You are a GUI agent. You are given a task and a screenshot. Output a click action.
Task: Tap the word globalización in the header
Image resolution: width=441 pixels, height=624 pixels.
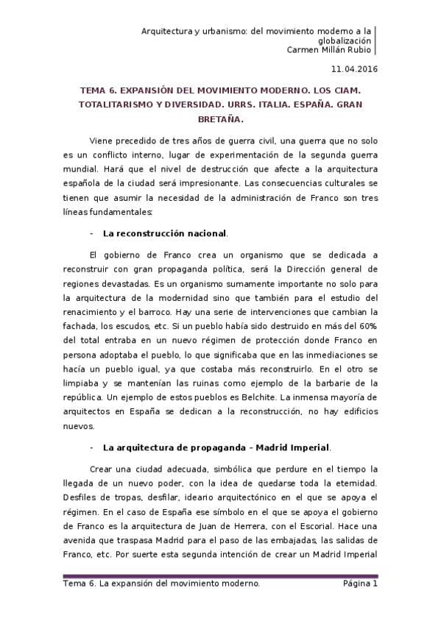[345, 41]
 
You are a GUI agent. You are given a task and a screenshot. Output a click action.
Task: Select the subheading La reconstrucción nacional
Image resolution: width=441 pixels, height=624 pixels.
[165, 233]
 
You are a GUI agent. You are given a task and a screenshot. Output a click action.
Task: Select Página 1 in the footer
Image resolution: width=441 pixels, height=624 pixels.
[359, 584]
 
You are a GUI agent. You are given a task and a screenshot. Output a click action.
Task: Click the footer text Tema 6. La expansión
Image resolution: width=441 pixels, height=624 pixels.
[110, 584]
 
